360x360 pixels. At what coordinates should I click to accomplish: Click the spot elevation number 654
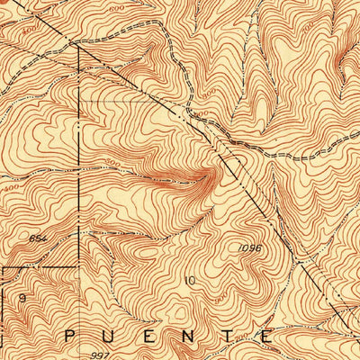[x=62, y=238]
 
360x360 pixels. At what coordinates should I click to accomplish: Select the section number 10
[x=189, y=281]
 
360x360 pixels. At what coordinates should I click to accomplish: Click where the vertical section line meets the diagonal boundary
[x=80, y=47]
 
